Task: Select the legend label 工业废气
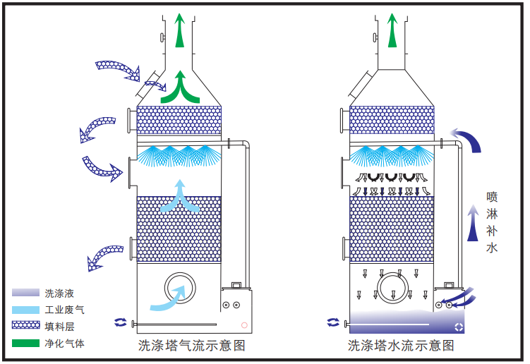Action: [x=64, y=310]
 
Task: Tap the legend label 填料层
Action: [x=59, y=327]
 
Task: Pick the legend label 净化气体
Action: [x=64, y=344]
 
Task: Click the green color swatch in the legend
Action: [x=26, y=344]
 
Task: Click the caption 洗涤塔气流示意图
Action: [x=192, y=346]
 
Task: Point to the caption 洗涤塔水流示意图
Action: [x=401, y=346]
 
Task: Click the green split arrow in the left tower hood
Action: [x=181, y=88]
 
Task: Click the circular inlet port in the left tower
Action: [x=181, y=289]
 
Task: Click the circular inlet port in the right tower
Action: [x=392, y=289]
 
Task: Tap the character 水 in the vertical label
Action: [x=493, y=248]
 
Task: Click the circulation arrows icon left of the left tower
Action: [x=121, y=322]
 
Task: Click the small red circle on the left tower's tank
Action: [x=244, y=325]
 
